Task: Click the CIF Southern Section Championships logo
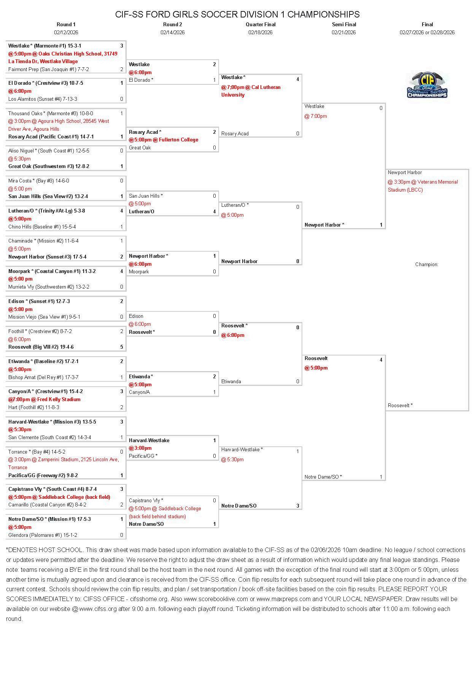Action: tap(427, 85)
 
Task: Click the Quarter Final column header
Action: tap(261, 24)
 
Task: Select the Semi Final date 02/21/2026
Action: tap(343, 32)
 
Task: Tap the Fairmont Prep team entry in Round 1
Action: tap(49, 69)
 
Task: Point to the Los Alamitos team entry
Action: tap(43, 99)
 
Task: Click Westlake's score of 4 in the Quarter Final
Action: tap(298, 79)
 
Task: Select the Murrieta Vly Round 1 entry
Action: tap(49, 287)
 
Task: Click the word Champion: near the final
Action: tap(427, 264)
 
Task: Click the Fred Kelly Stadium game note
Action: tap(44, 399)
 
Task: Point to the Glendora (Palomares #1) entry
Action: tap(43, 535)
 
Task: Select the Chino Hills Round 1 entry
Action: tap(42, 227)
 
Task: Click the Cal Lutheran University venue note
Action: tap(251, 91)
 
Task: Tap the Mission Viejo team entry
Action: tap(44, 317)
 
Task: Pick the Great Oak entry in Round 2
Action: tap(140, 148)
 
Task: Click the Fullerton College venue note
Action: tap(164, 140)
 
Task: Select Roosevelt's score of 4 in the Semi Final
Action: tap(381, 360)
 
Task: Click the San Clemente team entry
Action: tap(49, 437)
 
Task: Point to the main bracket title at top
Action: tap(237, 14)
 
